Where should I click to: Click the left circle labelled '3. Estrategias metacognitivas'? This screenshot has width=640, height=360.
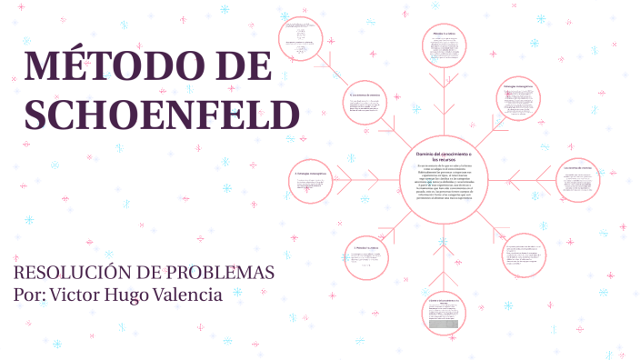pyautogui.click(x=312, y=187)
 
